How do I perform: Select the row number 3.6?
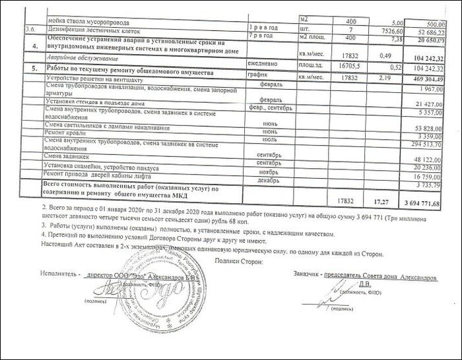29,30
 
